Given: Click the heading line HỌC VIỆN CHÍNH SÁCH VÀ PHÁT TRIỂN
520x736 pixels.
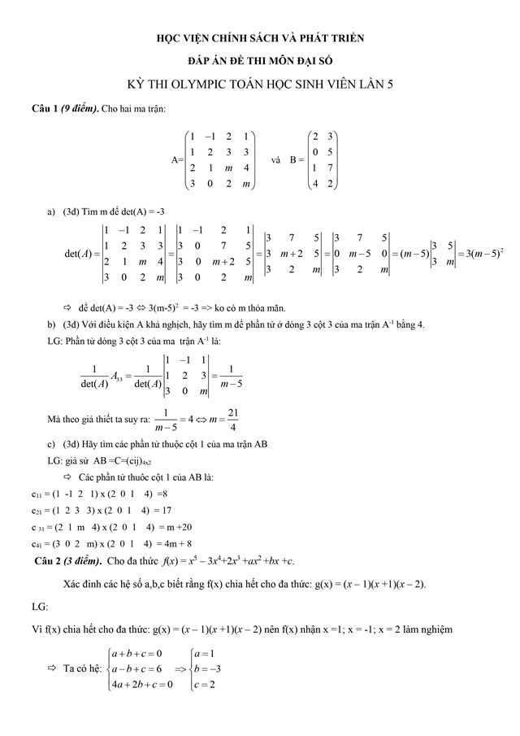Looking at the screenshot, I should click(x=261, y=37).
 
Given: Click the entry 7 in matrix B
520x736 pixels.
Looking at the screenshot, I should click(x=332, y=168).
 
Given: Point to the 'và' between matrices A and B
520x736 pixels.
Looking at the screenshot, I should click(x=276, y=160).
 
